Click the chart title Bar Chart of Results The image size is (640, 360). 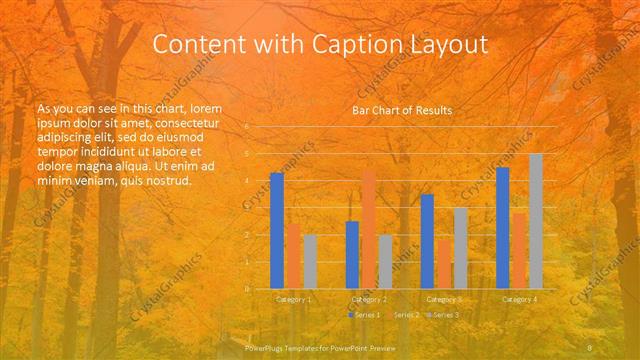[402, 110]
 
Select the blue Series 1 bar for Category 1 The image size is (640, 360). [277, 230]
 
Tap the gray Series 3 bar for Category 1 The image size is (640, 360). [310, 261]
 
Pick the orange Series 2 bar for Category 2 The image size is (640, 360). [369, 229]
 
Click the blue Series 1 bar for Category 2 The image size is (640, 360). [352, 254]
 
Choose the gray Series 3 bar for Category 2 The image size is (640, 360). [386, 261]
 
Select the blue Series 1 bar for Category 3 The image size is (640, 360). [427, 241]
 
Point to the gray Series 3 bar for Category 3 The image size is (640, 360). [461, 248]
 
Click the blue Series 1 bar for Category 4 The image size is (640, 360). [503, 227]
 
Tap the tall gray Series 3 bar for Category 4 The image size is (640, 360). [536, 221]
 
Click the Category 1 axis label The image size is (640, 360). [294, 299]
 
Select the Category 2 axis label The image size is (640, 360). [369, 299]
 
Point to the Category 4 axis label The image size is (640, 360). [519, 299]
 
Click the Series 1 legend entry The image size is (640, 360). [366, 315]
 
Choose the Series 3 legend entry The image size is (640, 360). [445, 315]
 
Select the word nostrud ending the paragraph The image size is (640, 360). [168, 181]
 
